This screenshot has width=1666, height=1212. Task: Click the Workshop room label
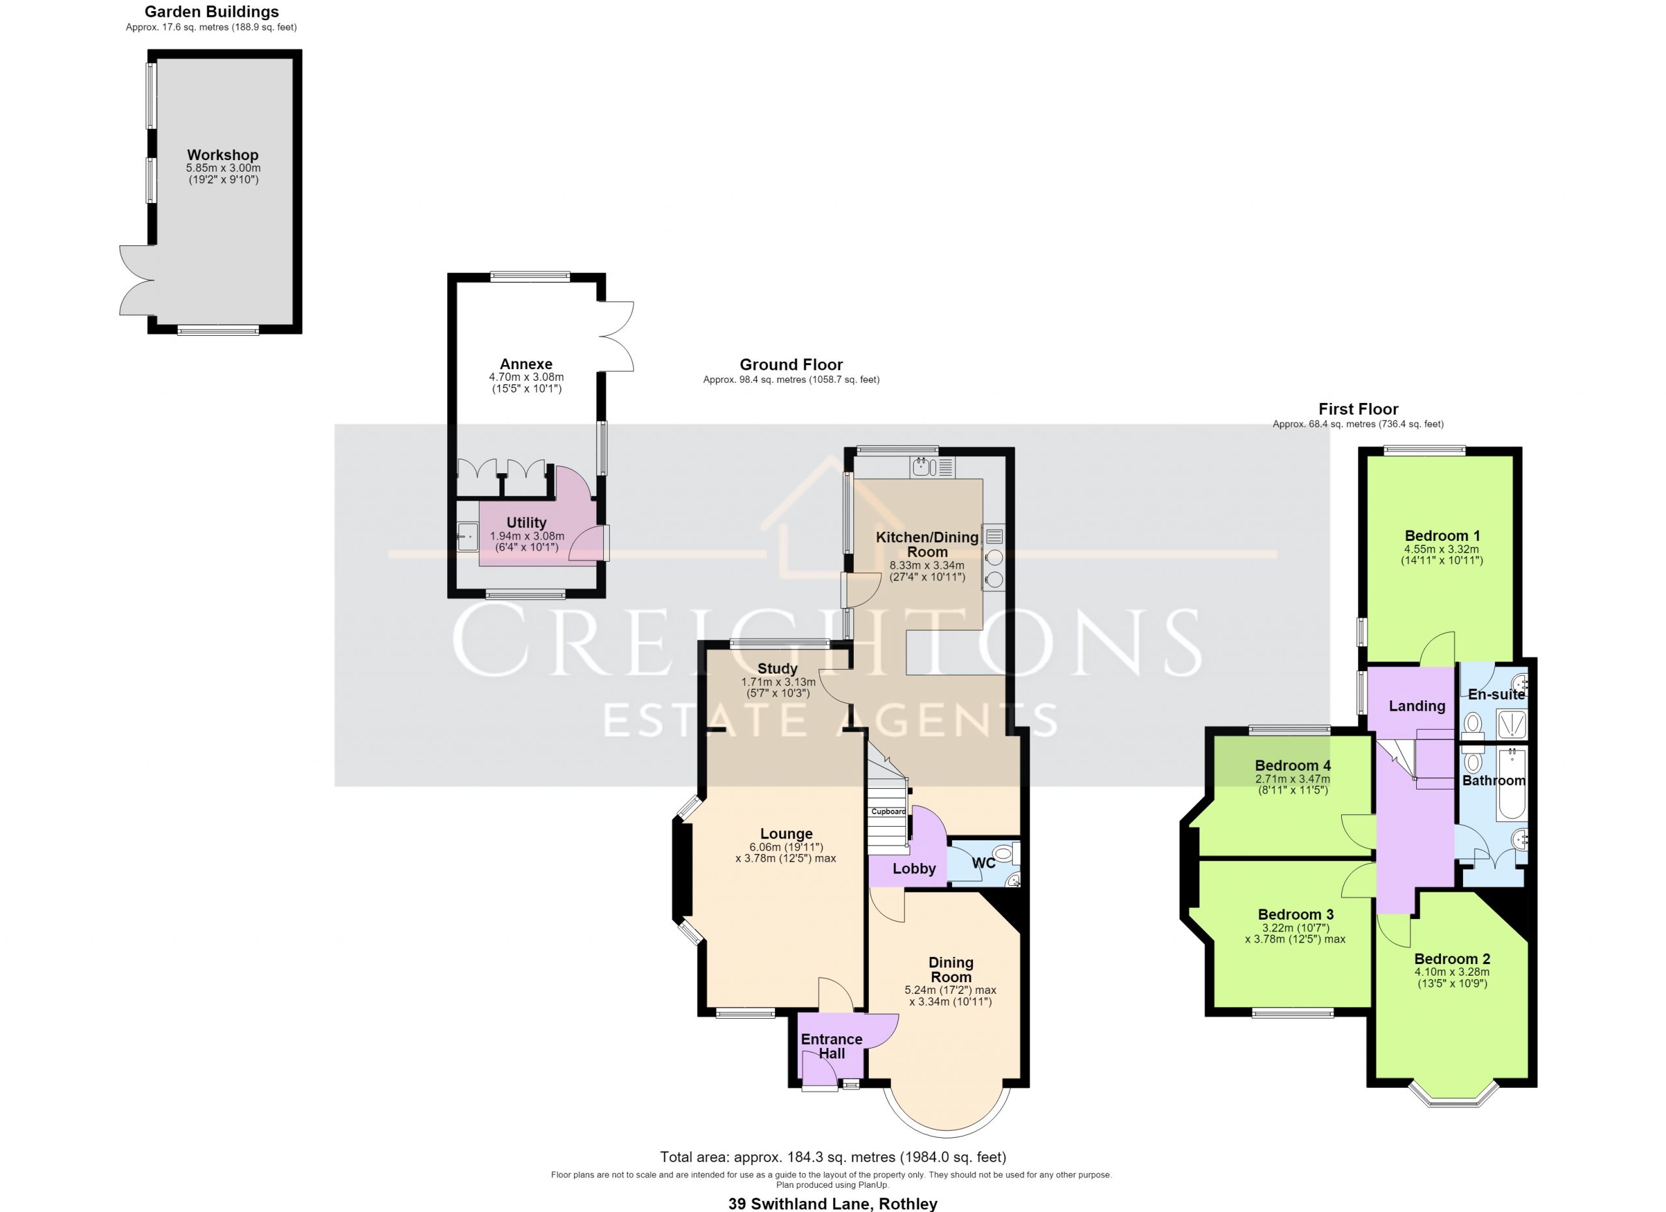(x=223, y=155)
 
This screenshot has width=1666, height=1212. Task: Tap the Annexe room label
(x=526, y=364)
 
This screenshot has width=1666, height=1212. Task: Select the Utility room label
(x=526, y=522)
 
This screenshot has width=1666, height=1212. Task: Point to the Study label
(x=777, y=668)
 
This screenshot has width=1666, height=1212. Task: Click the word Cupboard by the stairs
(x=889, y=812)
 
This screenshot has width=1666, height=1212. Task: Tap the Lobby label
(x=914, y=869)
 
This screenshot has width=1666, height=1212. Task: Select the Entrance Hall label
(x=832, y=1046)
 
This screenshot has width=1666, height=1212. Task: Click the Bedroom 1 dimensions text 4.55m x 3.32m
(x=1442, y=549)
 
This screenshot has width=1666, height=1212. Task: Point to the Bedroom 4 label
(x=1293, y=765)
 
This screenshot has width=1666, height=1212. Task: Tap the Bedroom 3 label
(x=1296, y=915)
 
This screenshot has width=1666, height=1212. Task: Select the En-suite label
(x=1496, y=694)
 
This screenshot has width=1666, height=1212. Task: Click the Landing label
(x=1417, y=706)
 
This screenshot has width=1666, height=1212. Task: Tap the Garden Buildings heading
(x=212, y=12)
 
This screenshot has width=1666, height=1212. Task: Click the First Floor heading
(x=1358, y=409)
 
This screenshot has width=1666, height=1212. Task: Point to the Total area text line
(x=833, y=1157)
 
